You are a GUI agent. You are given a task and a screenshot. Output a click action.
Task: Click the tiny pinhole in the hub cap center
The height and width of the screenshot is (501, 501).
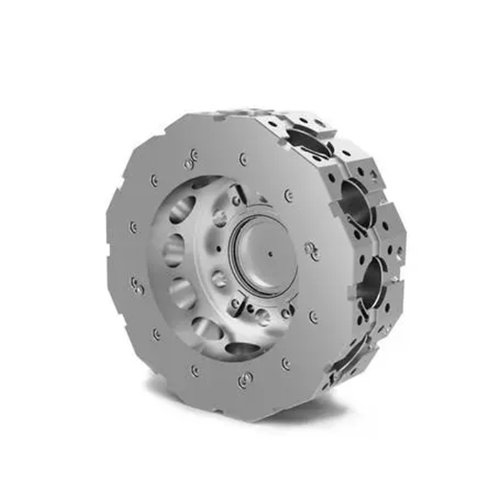(x=270, y=254)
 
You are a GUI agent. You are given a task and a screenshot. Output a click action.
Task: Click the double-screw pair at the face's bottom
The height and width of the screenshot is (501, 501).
(x=244, y=380)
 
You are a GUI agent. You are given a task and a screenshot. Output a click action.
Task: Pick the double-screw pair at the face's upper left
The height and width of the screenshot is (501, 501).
(x=190, y=162)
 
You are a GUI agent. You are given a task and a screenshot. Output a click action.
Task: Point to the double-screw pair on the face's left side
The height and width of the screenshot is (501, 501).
(x=137, y=286)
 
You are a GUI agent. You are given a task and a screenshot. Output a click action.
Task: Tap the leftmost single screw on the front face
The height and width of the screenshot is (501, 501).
(x=132, y=227)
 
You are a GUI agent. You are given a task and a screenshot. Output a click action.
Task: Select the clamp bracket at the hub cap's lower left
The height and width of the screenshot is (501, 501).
(x=237, y=305)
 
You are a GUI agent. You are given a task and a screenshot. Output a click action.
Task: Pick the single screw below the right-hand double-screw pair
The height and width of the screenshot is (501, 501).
(x=314, y=318)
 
